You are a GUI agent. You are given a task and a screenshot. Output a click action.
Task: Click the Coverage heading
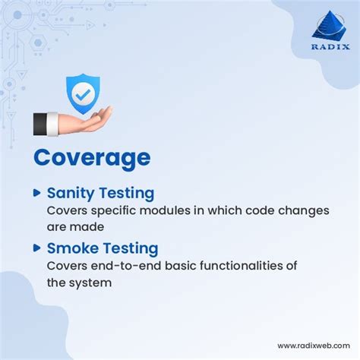(92, 157)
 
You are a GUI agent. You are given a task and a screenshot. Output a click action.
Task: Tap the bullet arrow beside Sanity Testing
(36, 193)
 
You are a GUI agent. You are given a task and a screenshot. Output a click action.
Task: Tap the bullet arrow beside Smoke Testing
(36, 248)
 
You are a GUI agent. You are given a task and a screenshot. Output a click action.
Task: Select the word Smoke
(71, 248)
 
